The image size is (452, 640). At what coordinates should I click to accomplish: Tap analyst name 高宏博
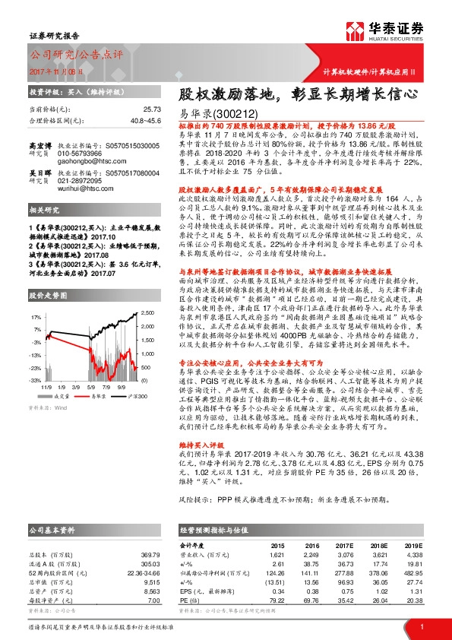click(x=40, y=142)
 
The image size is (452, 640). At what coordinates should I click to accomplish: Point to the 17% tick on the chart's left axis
click(x=36, y=315)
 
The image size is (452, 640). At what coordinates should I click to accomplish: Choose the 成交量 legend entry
click(x=61, y=395)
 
